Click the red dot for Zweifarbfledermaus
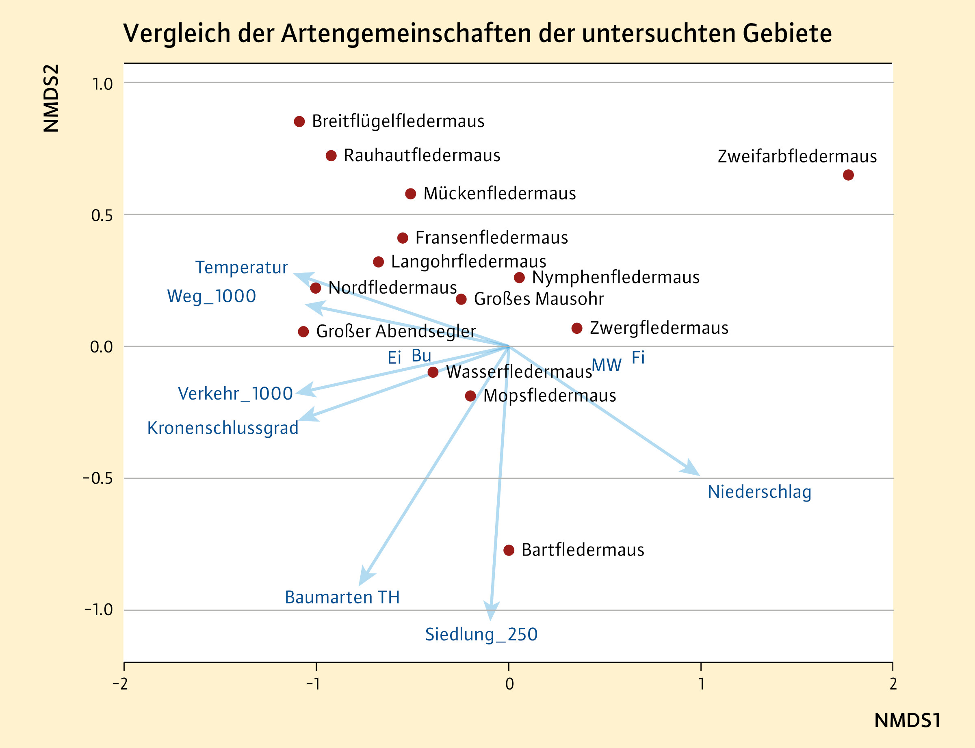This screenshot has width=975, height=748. coord(848,175)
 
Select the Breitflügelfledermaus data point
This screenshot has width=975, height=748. coord(299,121)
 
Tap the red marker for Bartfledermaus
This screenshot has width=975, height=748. coord(509,550)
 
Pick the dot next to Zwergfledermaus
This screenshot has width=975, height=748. coord(577,328)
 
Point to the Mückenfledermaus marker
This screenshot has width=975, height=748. coord(411,194)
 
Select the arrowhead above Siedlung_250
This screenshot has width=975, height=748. coord(491,612)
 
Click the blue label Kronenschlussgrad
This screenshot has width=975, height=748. coord(223,428)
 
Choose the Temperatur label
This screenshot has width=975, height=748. coord(241,268)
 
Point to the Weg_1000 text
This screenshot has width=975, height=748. coord(212,296)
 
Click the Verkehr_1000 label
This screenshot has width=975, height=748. coord(235,393)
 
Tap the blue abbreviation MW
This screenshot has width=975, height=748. coord(606,365)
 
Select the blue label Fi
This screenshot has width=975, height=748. coord(638,357)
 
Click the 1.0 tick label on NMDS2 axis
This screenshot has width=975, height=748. coord(102,84)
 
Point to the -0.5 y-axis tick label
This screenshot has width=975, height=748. coord(98,479)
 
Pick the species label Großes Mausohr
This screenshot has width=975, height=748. coord(539,299)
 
